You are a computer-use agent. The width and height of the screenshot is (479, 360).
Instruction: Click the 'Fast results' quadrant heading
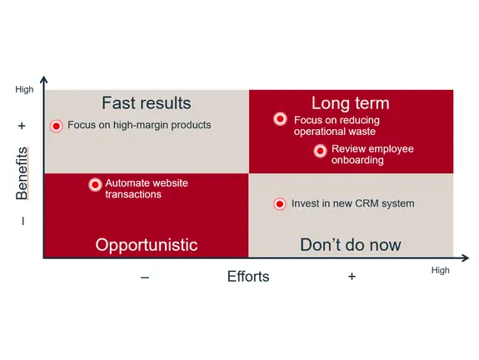146,103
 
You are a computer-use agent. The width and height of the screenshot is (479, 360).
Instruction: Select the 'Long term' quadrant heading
351,103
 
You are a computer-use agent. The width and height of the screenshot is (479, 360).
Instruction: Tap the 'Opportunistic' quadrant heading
146,245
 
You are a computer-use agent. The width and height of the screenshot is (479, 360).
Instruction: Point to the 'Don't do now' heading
350,245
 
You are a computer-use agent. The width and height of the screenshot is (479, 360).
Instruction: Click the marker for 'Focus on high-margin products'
56,126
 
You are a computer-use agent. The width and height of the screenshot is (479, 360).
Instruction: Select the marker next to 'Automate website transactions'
95,184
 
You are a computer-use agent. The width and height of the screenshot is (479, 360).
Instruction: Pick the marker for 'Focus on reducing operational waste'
280,119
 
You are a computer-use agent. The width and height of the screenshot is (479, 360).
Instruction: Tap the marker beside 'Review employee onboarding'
320,150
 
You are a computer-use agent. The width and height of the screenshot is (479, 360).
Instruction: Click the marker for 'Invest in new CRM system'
279,203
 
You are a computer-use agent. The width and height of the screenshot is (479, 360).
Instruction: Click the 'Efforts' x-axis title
248,277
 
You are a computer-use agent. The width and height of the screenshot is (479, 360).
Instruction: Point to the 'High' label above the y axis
25,89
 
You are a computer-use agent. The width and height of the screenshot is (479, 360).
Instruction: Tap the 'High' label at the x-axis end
440,270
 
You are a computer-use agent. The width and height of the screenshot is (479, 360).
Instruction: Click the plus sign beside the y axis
22,126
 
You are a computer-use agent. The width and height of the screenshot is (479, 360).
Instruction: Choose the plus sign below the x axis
352,277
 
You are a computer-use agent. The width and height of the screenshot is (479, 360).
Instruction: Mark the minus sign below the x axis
145,277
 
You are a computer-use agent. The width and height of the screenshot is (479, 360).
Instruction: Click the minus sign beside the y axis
22,221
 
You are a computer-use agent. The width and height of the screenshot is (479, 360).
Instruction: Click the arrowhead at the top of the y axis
43,81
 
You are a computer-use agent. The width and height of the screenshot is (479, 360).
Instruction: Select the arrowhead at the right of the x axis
463,257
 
